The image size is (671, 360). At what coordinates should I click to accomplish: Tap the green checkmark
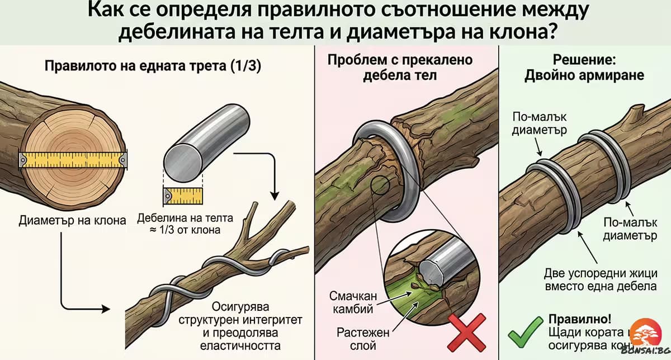525,331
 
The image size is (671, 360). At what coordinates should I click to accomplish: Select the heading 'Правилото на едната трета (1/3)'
152,65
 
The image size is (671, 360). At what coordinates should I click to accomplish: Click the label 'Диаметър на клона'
73,220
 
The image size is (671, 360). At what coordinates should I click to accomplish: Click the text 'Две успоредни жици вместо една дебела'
599,280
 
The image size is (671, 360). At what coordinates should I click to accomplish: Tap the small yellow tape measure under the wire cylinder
183,196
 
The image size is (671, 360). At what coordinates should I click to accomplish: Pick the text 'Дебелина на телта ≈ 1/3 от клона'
185,224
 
